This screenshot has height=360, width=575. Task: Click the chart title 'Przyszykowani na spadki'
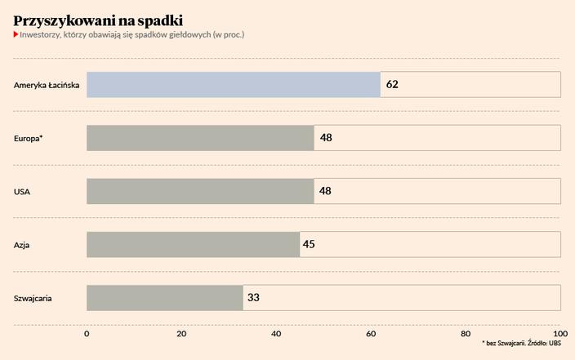tap(98, 20)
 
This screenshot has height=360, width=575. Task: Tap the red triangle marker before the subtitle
tap(16, 35)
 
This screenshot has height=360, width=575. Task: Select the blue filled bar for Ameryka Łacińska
tap(233, 84)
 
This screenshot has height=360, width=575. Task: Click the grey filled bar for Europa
tap(200, 137)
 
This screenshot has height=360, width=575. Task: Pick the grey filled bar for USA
tap(200, 191)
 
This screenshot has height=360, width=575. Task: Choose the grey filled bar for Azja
tap(193, 244)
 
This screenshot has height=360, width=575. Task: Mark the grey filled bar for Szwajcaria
tap(164, 297)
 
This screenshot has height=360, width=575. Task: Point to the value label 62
tap(392, 84)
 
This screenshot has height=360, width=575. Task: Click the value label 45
tap(309, 244)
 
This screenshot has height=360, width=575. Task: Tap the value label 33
tap(253, 297)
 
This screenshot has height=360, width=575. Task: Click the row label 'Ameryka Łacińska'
tap(47, 84)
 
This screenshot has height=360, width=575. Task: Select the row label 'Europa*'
tap(29, 138)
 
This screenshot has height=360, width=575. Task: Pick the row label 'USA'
tap(22, 191)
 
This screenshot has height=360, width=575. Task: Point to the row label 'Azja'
tap(23, 245)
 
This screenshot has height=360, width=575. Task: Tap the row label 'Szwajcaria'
tap(33, 298)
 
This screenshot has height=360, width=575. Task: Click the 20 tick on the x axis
tap(181, 333)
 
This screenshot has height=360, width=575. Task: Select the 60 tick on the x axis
tap(371, 333)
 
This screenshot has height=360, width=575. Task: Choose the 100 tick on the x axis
tap(559, 333)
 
